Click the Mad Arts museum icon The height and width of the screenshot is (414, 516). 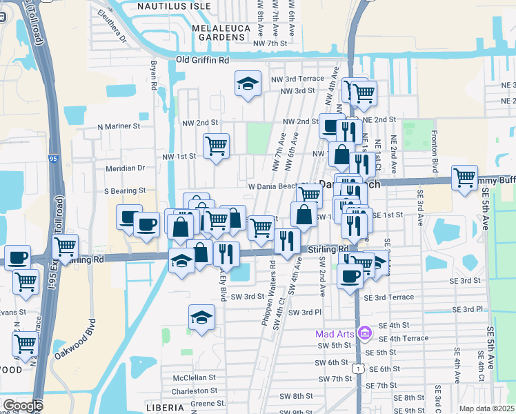point(365,335)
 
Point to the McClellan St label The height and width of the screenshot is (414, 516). point(195,378)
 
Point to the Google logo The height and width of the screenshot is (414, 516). point(22,406)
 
